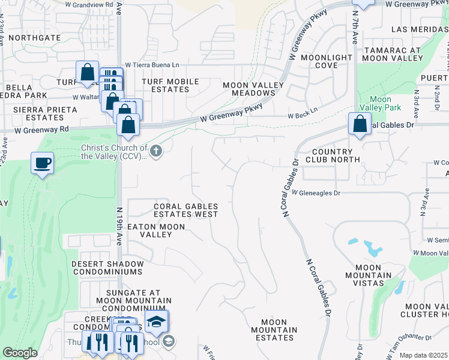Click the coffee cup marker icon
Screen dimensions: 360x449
tap(42, 163)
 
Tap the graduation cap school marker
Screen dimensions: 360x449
tap(156, 322)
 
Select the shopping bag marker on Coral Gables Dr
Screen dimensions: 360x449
tap(359, 125)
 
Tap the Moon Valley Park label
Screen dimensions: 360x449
tap(381, 103)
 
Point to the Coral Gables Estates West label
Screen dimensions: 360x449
tap(185, 209)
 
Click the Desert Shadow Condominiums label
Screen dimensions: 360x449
tap(107, 268)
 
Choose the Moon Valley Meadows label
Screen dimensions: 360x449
tap(249, 89)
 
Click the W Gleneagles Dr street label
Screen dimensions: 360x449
tap(316, 193)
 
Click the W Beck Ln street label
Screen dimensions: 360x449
tap(302, 116)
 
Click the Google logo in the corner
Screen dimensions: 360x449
tap(20, 353)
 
